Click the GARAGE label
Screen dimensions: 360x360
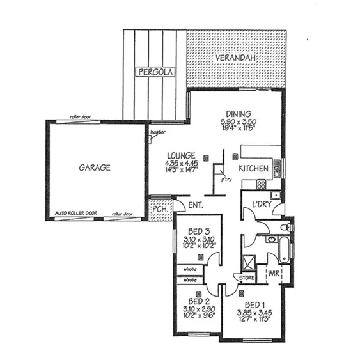pyautogui.click(x=95, y=168)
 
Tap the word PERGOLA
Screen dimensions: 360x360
pyautogui.click(x=153, y=72)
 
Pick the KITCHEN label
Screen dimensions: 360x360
pyautogui.click(x=253, y=169)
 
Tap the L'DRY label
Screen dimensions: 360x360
pyautogui.click(x=263, y=203)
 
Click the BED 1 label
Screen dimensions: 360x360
pyautogui.click(x=254, y=304)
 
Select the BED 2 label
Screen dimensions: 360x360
pyautogui.click(x=199, y=301)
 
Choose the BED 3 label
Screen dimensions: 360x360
pyautogui.click(x=200, y=231)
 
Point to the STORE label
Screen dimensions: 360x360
pyautogui.click(x=247, y=278)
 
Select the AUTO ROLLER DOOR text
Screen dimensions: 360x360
pyautogui.click(x=77, y=213)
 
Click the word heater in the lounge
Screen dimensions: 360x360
pyautogui.click(x=158, y=132)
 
